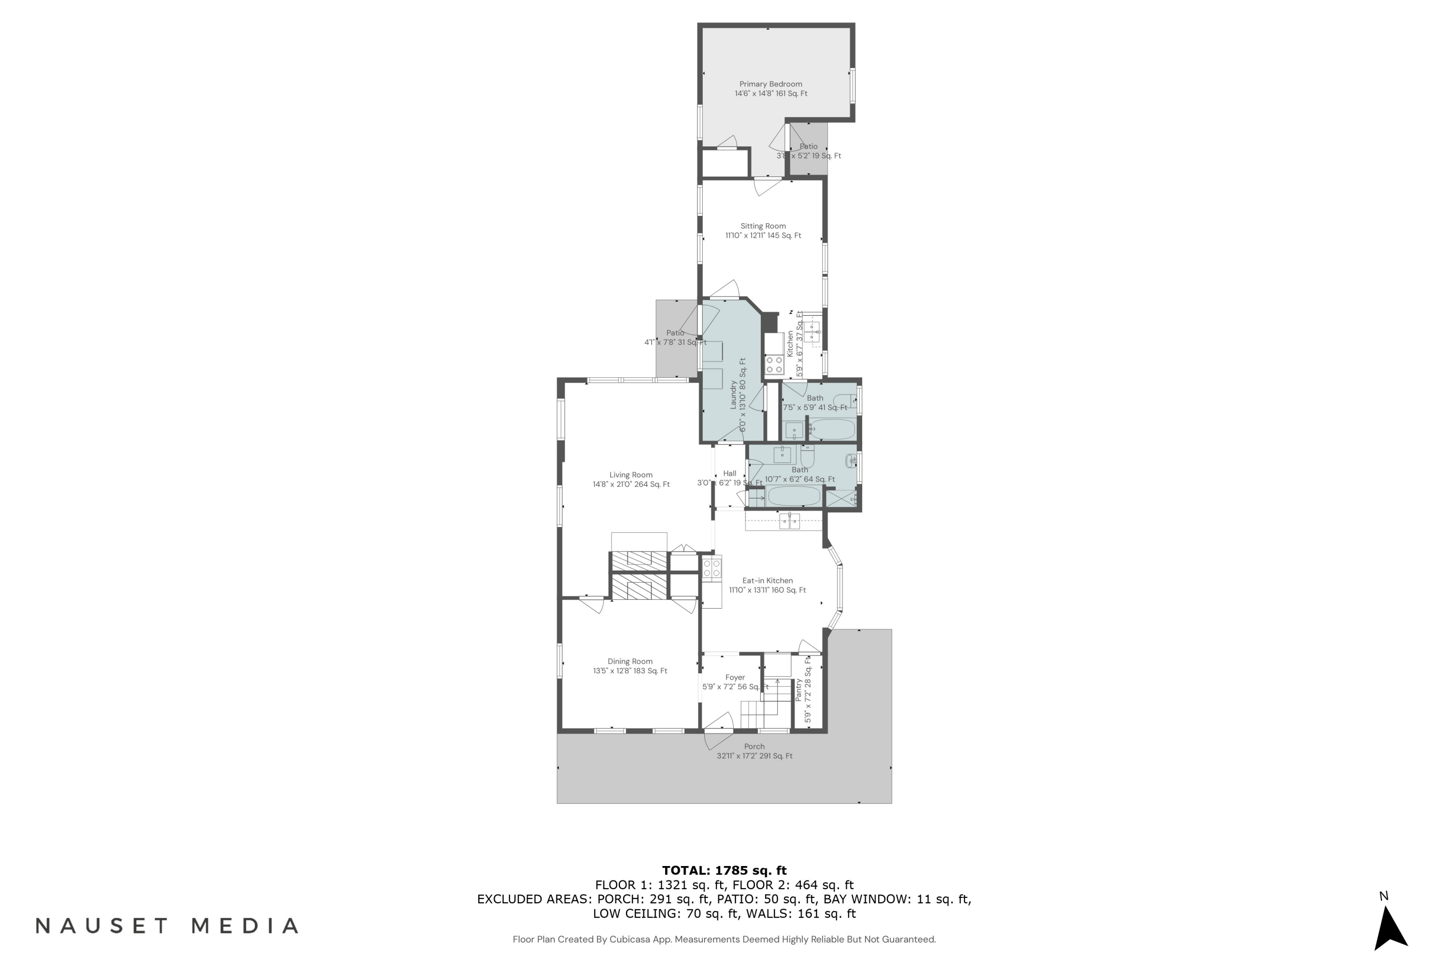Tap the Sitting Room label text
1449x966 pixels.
click(x=763, y=226)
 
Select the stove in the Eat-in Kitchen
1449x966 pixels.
click(x=711, y=568)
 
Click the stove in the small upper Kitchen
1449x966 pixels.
click(x=774, y=364)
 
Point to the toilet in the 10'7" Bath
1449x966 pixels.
click(x=807, y=456)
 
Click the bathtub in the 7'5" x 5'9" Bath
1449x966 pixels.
click(x=832, y=429)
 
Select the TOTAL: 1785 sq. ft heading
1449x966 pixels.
click(x=724, y=870)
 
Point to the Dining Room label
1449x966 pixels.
click(x=630, y=662)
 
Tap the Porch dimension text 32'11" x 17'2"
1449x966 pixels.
click(x=754, y=756)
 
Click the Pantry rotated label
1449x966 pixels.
click(x=798, y=690)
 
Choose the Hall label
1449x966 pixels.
click(x=729, y=474)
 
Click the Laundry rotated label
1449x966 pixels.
click(x=734, y=394)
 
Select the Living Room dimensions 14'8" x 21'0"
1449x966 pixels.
click(x=631, y=484)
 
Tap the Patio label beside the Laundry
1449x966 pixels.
click(x=675, y=333)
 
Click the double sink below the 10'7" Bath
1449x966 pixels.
click(x=789, y=522)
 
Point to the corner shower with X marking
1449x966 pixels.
click(x=841, y=498)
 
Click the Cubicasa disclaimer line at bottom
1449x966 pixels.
click(x=724, y=939)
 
